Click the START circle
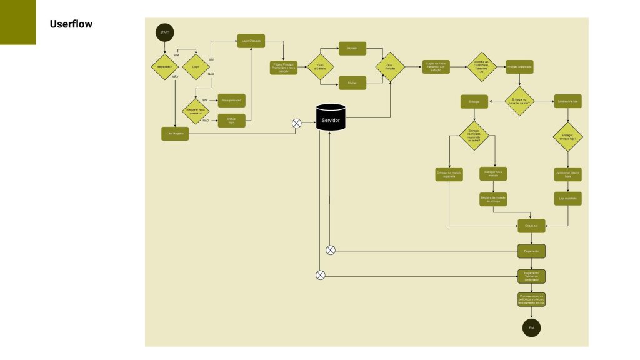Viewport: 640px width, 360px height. pyautogui.click(x=165, y=32)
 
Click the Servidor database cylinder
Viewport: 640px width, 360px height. pyautogui.click(x=331, y=117)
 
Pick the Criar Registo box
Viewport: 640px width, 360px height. pyautogui.click(x=175, y=133)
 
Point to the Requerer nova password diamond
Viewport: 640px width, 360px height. pyautogui.click(x=196, y=111)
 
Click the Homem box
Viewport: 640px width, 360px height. pyautogui.click(x=352, y=49)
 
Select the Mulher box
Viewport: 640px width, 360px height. pyautogui.click(x=352, y=82)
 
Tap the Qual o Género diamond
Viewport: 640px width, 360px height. pyautogui.click(x=321, y=65)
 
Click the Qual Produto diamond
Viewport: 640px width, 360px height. pyautogui.click(x=390, y=66)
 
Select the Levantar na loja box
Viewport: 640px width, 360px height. pyautogui.click(x=567, y=101)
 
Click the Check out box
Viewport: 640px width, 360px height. pyautogui.click(x=532, y=226)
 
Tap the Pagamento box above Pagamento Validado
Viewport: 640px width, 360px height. pyautogui.click(x=532, y=251)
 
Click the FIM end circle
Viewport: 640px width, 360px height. pyautogui.click(x=532, y=327)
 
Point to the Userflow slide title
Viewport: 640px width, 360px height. pyautogui.click(x=71, y=24)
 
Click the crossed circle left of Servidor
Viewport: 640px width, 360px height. pyautogui.click(x=297, y=123)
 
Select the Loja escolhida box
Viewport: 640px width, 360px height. pyautogui.click(x=567, y=198)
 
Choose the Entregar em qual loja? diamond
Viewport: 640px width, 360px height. pyautogui.click(x=567, y=137)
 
